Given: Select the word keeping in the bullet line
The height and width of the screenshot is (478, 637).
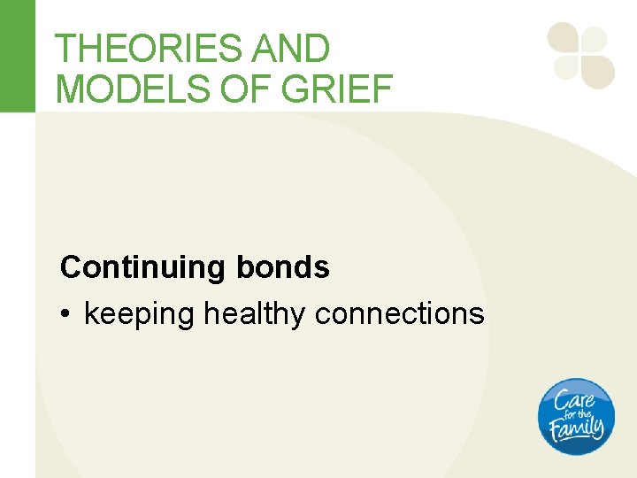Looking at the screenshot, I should [139, 314].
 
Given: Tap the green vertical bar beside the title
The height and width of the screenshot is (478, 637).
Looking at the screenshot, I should [17, 56].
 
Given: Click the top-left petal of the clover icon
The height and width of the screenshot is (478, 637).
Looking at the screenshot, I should [563, 37].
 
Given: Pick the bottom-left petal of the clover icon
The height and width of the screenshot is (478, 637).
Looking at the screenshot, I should [565, 67].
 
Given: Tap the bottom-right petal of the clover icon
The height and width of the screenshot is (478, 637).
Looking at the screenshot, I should [598, 71].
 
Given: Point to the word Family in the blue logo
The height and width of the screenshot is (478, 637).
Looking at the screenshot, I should [576, 429].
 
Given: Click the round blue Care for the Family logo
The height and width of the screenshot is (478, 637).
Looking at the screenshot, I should [576, 416].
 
